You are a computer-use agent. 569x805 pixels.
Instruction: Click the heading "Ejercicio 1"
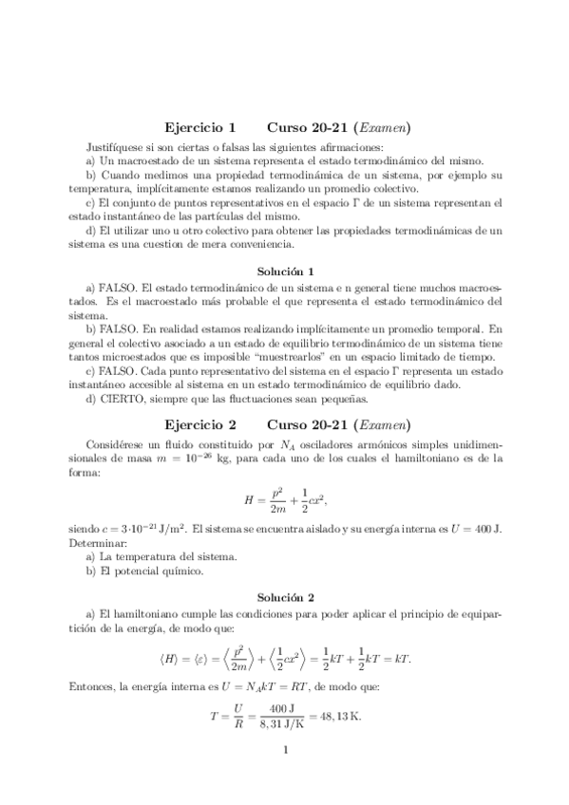pyautogui.click(x=199, y=126)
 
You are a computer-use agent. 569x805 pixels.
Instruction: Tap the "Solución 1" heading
pyautogui.click(x=285, y=271)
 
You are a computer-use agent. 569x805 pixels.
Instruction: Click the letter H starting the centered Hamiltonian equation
pyautogui.click(x=250, y=498)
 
